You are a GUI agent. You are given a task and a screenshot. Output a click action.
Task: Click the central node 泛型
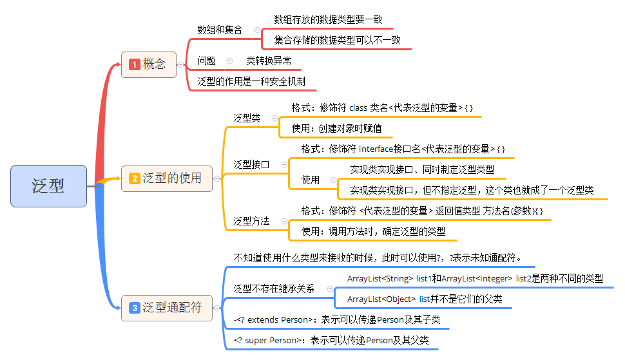tap(48, 186)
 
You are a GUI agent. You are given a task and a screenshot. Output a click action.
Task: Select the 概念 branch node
tap(149, 64)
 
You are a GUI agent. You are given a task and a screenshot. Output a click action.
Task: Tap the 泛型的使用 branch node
tap(167, 178)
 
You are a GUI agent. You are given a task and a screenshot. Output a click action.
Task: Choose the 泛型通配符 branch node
tap(167, 308)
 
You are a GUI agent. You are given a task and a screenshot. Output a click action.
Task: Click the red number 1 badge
tap(135, 64)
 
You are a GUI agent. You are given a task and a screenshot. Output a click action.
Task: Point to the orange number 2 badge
tap(135, 178)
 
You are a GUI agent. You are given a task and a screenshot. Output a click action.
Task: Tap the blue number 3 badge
tap(135, 308)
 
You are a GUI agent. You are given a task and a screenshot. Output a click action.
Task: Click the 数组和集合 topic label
tap(220, 30)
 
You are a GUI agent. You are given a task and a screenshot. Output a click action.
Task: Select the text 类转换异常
tap(269, 61)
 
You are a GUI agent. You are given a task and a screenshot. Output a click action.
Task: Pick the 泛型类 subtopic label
tap(247, 118)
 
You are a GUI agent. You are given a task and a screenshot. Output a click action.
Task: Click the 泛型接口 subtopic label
tap(251, 164)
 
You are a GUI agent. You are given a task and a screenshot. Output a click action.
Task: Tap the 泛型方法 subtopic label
tap(251, 221)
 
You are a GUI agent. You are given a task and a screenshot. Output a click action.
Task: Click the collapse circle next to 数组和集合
tap(257, 30)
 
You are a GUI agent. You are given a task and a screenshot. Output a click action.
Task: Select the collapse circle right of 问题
tap(229, 61)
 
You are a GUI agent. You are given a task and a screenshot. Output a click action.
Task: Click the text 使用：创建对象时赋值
tap(336, 128)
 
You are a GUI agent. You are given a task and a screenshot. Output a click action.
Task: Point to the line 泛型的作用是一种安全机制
tap(251, 82)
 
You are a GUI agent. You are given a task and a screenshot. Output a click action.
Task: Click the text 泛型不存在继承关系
tap(274, 289)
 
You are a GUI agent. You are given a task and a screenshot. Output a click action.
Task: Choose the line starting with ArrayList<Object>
tap(424, 299)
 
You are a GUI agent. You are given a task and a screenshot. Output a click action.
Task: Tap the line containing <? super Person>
tap(331, 340)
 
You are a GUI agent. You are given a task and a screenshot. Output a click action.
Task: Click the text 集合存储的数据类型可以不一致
tap(337, 40)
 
